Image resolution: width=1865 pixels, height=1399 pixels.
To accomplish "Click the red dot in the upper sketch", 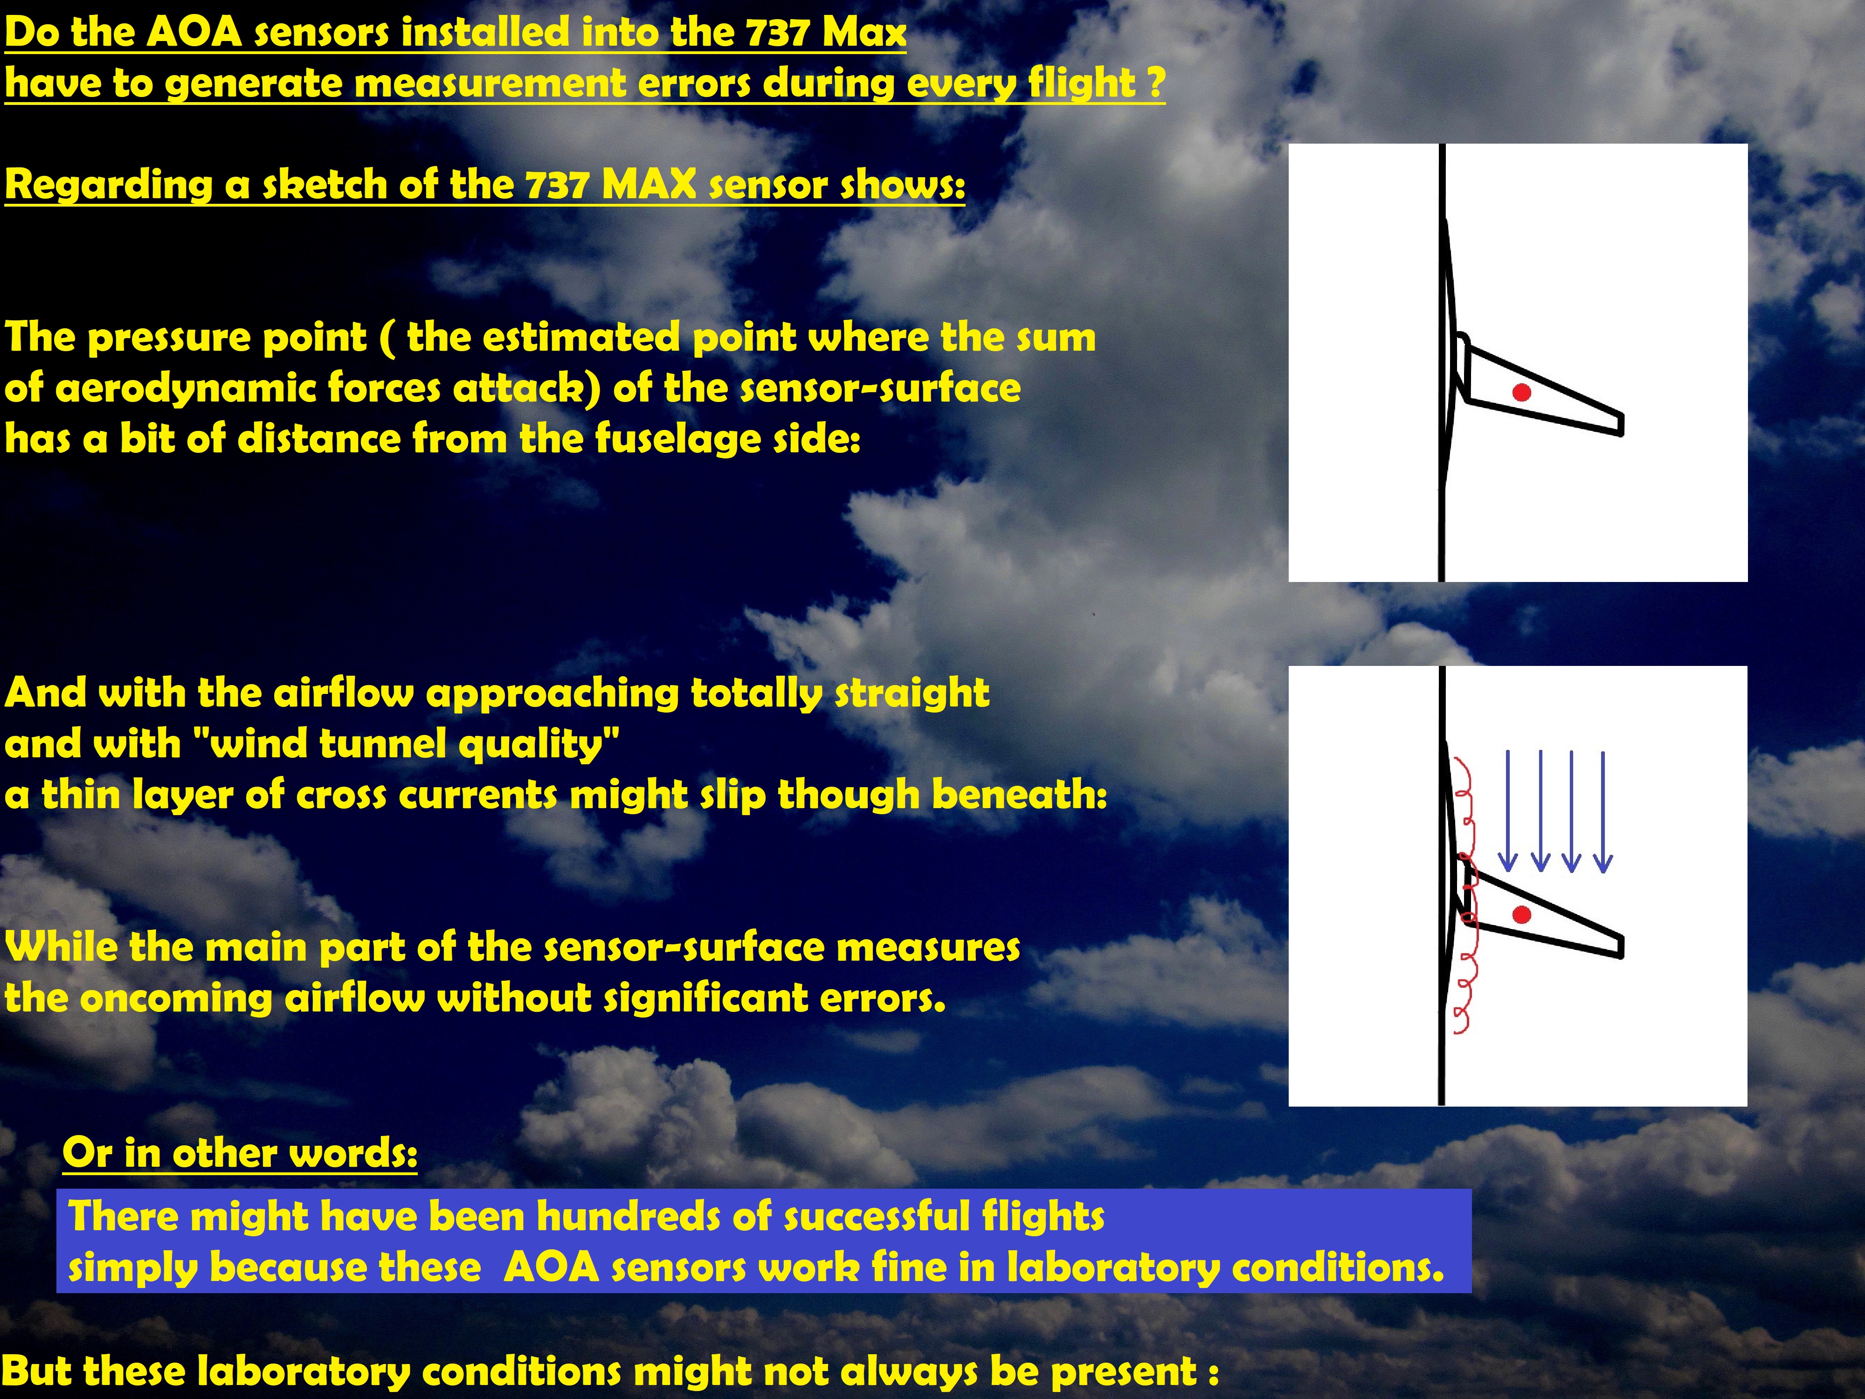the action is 1522,392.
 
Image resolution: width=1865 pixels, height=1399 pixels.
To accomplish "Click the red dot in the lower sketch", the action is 1522,915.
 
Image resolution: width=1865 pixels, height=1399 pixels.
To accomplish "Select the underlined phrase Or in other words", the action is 240,1153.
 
